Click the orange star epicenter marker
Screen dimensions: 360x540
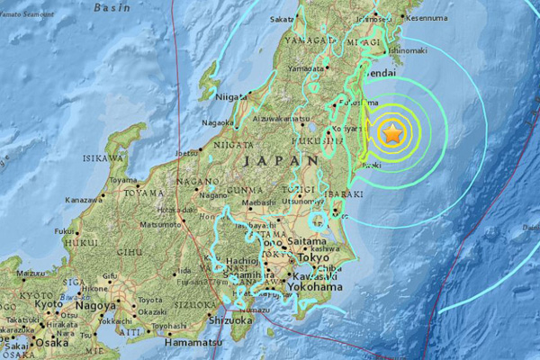click(x=393, y=134)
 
